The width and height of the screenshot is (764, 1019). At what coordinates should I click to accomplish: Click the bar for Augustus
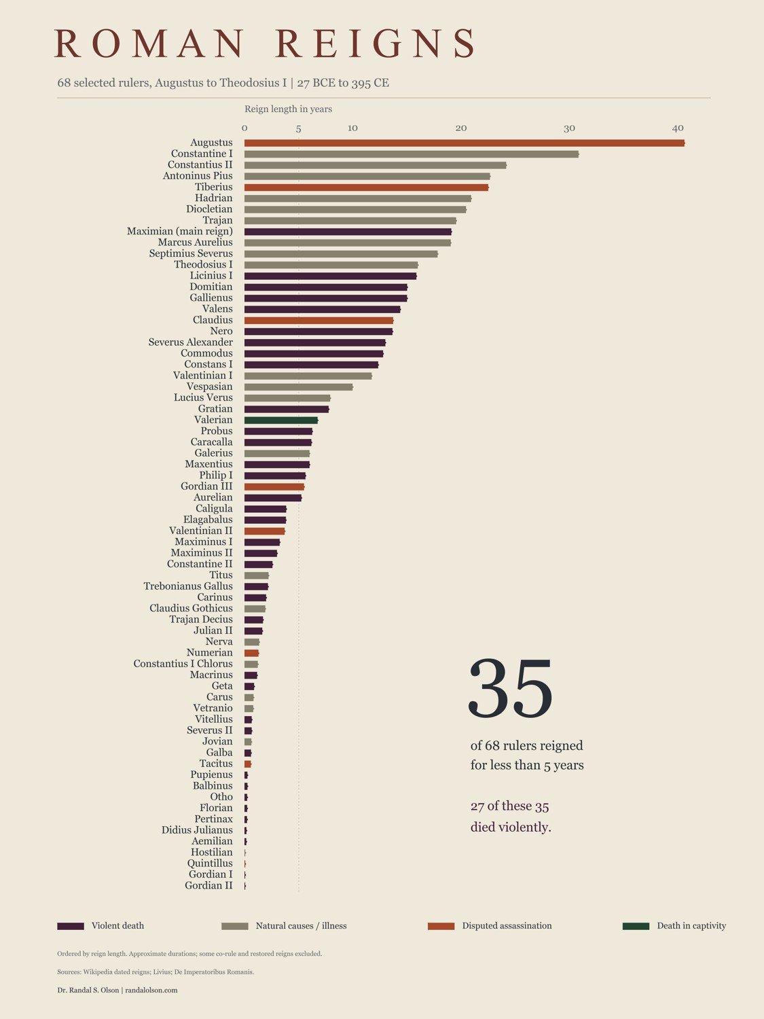pos(465,143)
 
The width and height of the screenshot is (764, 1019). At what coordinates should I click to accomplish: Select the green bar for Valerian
pos(281,420)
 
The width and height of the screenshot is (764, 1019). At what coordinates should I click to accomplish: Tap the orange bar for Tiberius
pos(367,187)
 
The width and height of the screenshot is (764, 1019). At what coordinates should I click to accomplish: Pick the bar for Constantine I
pos(412,154)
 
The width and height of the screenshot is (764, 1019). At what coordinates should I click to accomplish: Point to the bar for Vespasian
pos(299,387)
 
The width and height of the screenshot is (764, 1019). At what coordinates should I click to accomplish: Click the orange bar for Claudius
pos(319,321)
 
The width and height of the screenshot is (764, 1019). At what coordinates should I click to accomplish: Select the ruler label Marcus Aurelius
pos(196,243)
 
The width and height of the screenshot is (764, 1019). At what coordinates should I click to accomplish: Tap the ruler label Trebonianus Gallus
pos(188,586)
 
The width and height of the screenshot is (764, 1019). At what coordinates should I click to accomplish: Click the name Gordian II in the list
pos(208,885)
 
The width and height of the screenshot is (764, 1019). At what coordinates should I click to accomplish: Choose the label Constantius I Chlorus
pos(183,664)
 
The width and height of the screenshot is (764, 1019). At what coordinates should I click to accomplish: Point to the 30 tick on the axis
pos(569,128)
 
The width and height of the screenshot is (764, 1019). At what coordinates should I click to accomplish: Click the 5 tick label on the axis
pos(299,128)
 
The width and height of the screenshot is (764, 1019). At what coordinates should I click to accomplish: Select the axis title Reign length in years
pos(288,109)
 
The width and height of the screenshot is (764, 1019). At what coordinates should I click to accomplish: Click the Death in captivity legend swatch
pos(636,926)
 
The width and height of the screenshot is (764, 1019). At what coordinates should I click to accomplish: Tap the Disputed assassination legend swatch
pos(441,926)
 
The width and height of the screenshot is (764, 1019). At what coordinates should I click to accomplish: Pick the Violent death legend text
pos(117,926)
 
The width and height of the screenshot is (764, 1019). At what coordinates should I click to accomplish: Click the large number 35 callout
pos(510,687)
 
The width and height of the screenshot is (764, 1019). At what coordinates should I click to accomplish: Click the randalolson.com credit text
pos(151,990)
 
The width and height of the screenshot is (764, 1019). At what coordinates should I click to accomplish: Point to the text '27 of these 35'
pos(510,806)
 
